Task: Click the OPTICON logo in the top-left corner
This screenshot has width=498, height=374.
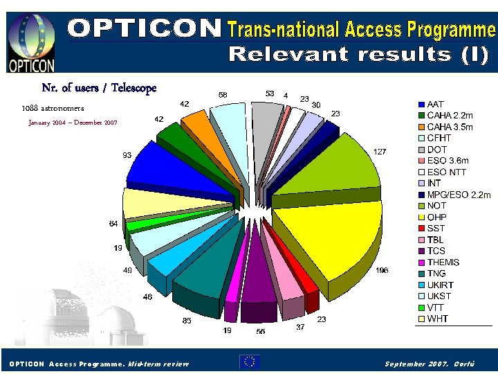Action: [x=30, y=41]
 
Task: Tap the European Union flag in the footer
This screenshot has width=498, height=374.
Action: [x=250, y=362]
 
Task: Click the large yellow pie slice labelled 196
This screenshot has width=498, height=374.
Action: [x=325, y=235]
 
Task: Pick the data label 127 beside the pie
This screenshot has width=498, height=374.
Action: [x=379, y=151]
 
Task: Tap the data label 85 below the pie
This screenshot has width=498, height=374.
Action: [x=187, y=321]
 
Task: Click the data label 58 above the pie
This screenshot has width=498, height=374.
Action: [x=223, y=94]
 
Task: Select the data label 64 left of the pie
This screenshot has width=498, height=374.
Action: [x=113, y=224]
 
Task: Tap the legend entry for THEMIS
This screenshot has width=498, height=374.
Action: [x=443, y=262]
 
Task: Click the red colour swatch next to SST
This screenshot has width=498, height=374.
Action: [x=421, y=229]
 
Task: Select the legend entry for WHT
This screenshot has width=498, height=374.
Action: [x=437, y=319]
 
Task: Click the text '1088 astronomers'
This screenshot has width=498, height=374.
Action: [x=53, y=109]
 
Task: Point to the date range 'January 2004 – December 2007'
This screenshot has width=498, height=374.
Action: [x=73, y=123]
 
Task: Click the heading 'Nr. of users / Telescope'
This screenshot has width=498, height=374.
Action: [x=99, y=88]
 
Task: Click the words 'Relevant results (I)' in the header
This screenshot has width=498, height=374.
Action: [x=359, y=55]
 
